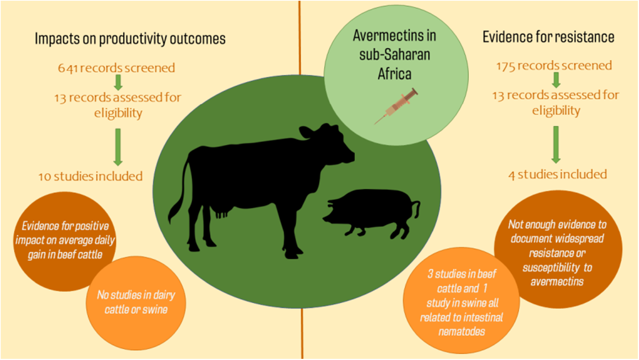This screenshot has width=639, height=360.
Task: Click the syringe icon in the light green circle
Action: tap(396, 106)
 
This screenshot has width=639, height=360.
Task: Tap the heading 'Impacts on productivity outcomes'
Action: tap(130, 39)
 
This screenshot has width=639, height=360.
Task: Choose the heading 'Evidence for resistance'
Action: tap(548, 37)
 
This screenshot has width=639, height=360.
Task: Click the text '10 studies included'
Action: tap(90, 176)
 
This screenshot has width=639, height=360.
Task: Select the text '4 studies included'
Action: tap(557, 175)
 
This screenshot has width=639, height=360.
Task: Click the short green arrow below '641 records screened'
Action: tap(118, 82)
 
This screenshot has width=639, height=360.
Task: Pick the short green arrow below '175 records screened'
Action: tap(556, 80)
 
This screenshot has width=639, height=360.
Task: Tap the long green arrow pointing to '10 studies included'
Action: tap(118, 147)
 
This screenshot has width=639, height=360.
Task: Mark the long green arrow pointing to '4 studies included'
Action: tap(556, 145)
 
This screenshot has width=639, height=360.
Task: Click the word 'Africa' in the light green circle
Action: tap(395, 74)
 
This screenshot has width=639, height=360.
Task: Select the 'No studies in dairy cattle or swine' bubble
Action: tap(136, 303)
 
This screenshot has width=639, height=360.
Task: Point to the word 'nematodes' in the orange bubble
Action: tap(462, 332)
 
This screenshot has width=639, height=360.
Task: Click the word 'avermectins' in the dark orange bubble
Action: tap(557, 282)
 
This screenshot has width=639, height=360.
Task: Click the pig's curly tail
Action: tap(416, 209)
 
